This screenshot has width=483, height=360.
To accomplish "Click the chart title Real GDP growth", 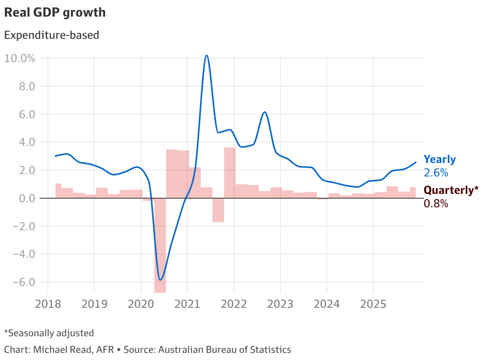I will (55, 13).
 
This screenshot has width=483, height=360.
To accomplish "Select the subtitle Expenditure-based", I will (51, 35).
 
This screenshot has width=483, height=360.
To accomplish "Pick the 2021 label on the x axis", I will (187, 304).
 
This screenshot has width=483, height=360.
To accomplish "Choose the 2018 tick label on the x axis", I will (48, 304).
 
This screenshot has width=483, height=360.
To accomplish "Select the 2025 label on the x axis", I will (373, 304).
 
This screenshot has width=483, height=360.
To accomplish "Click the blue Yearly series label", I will (439, 159).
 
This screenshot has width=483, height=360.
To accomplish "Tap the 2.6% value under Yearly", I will (435, 173).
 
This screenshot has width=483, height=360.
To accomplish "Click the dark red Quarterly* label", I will (454, 190).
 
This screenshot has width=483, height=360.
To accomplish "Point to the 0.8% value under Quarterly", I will (435, 204).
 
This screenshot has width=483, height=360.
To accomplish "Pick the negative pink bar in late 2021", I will (218, 210).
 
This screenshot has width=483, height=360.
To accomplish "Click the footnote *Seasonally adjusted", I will (49, 333).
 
